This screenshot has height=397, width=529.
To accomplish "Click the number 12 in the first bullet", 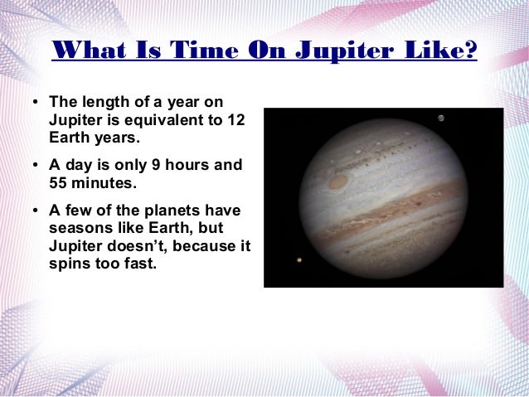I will pos(235,119).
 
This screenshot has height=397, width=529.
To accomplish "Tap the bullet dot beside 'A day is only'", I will pos(36,165).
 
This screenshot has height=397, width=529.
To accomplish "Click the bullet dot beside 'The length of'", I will pos(36,102).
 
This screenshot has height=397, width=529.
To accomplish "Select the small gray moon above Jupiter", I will pos(441,118).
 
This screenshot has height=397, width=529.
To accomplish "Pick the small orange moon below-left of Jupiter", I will pos(298,260).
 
